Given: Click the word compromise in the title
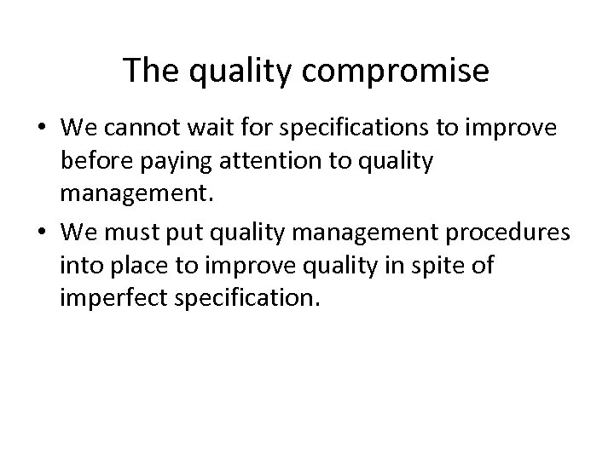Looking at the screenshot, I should [x=396, y=72].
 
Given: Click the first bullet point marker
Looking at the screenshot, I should [x=42, y=128].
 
